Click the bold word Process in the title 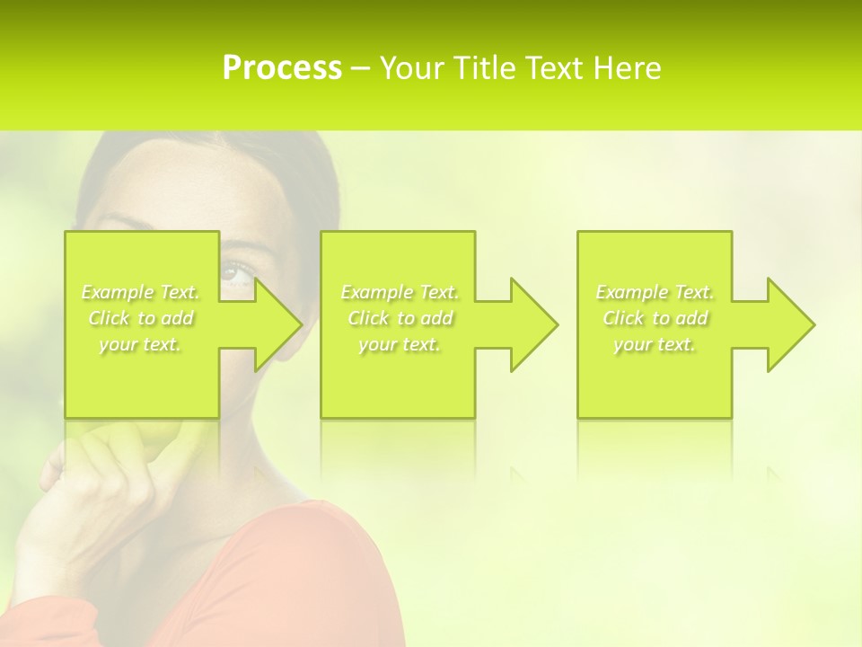pyautogui.click(x=282, y=68)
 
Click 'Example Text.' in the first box pyautogui.click(x=140, y=292)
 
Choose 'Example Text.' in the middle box pyautogui.click(x=400, y=292)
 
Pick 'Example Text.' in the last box pyautogui.click(x=655, y=292)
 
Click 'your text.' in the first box pyautogui.click(x=140, y=344)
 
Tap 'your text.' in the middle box pyautogui.click(x=400, y=344)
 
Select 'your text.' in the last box pyautogui.click(x=655, y=344)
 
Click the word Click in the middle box pyautogui.click(x=368, y=318)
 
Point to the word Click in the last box pyautogui.click(x=623, y=318)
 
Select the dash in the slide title pyautogui.click(x=361, y=69)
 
